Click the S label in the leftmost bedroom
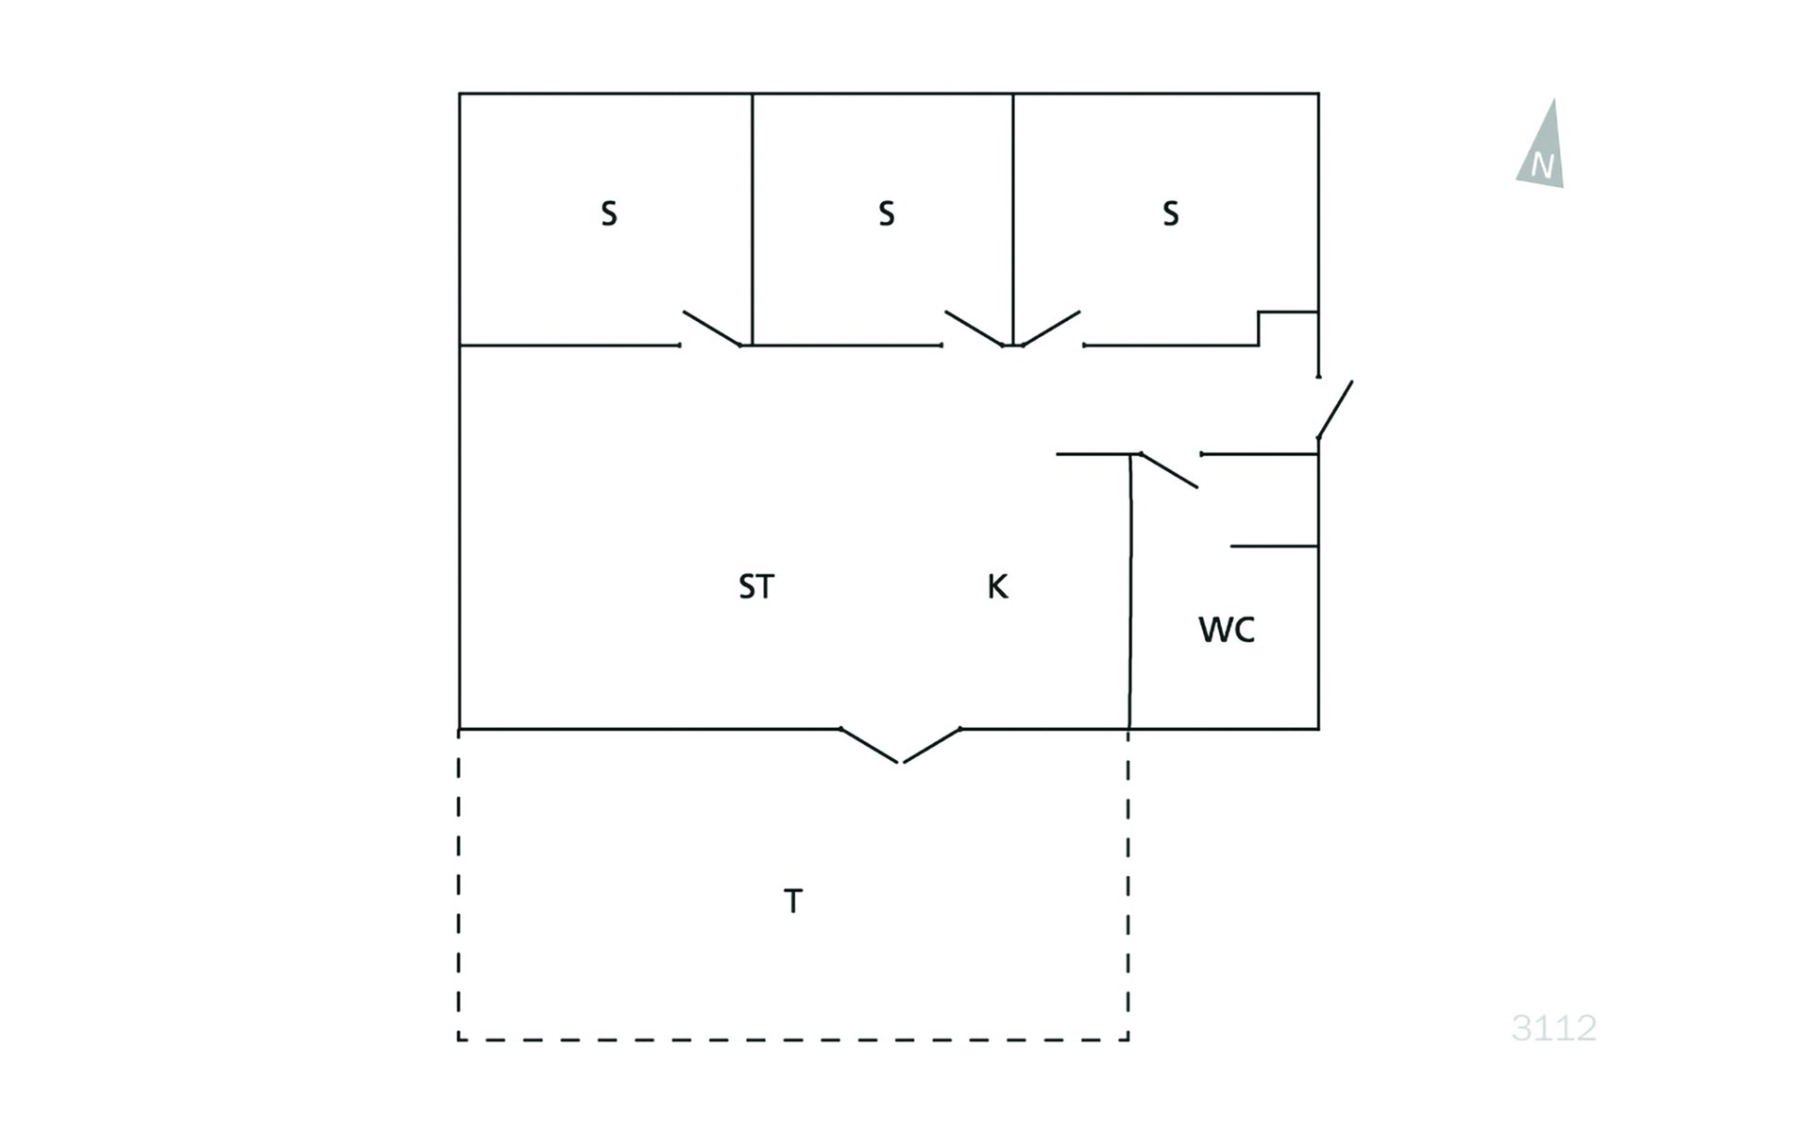pyautogui.click(x=609, y=214)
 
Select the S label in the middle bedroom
pyautogui.click(x=886, y=214)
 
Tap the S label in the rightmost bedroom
pyautogui.click(x=1171, y=214)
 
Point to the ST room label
pyautogui.click(x=756, y=587)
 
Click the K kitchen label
pyautogui.click(x=998, y=587)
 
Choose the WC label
pyautogui.click(x=1227, y=630)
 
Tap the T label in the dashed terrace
pyautogui.click(x=793, y=902)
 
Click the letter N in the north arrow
pyautogui.click(x=1542, y=166)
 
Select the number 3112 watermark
pyautogui.click(x=1553, y=1027)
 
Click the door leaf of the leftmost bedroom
pyautogui.click(x=712, y=329)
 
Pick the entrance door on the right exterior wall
pyautogui.click(x=1335, y=410)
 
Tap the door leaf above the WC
pyautogui.click(x=1169, y=470)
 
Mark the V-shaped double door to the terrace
pyautogui.click(x=901, y=746)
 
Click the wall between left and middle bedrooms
pyautogui.click(x=753, y=219)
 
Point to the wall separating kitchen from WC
pyautogui.click(x=1130, y=591)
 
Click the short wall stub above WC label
pyautogui.click(x=1274, y=546)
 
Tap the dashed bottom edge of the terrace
pyautogui.click(x=793, y=1040)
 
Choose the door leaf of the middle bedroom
pyautogui.click(x=974, y=329)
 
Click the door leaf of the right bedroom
pyautogui.click(x=1051, y=329)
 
